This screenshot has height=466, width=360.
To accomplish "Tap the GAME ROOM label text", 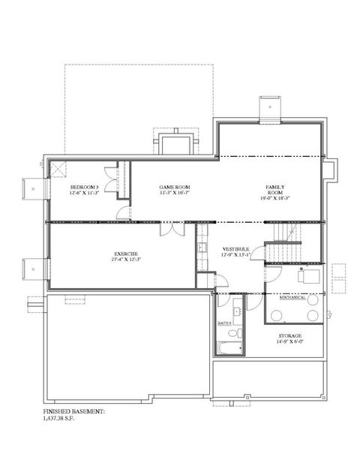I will (x=174, y=187).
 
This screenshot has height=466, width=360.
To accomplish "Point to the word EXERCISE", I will (x=125, y=254).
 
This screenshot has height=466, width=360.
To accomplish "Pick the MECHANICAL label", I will (x=292, y=297).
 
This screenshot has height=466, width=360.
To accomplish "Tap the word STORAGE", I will (x=290, y=335).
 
